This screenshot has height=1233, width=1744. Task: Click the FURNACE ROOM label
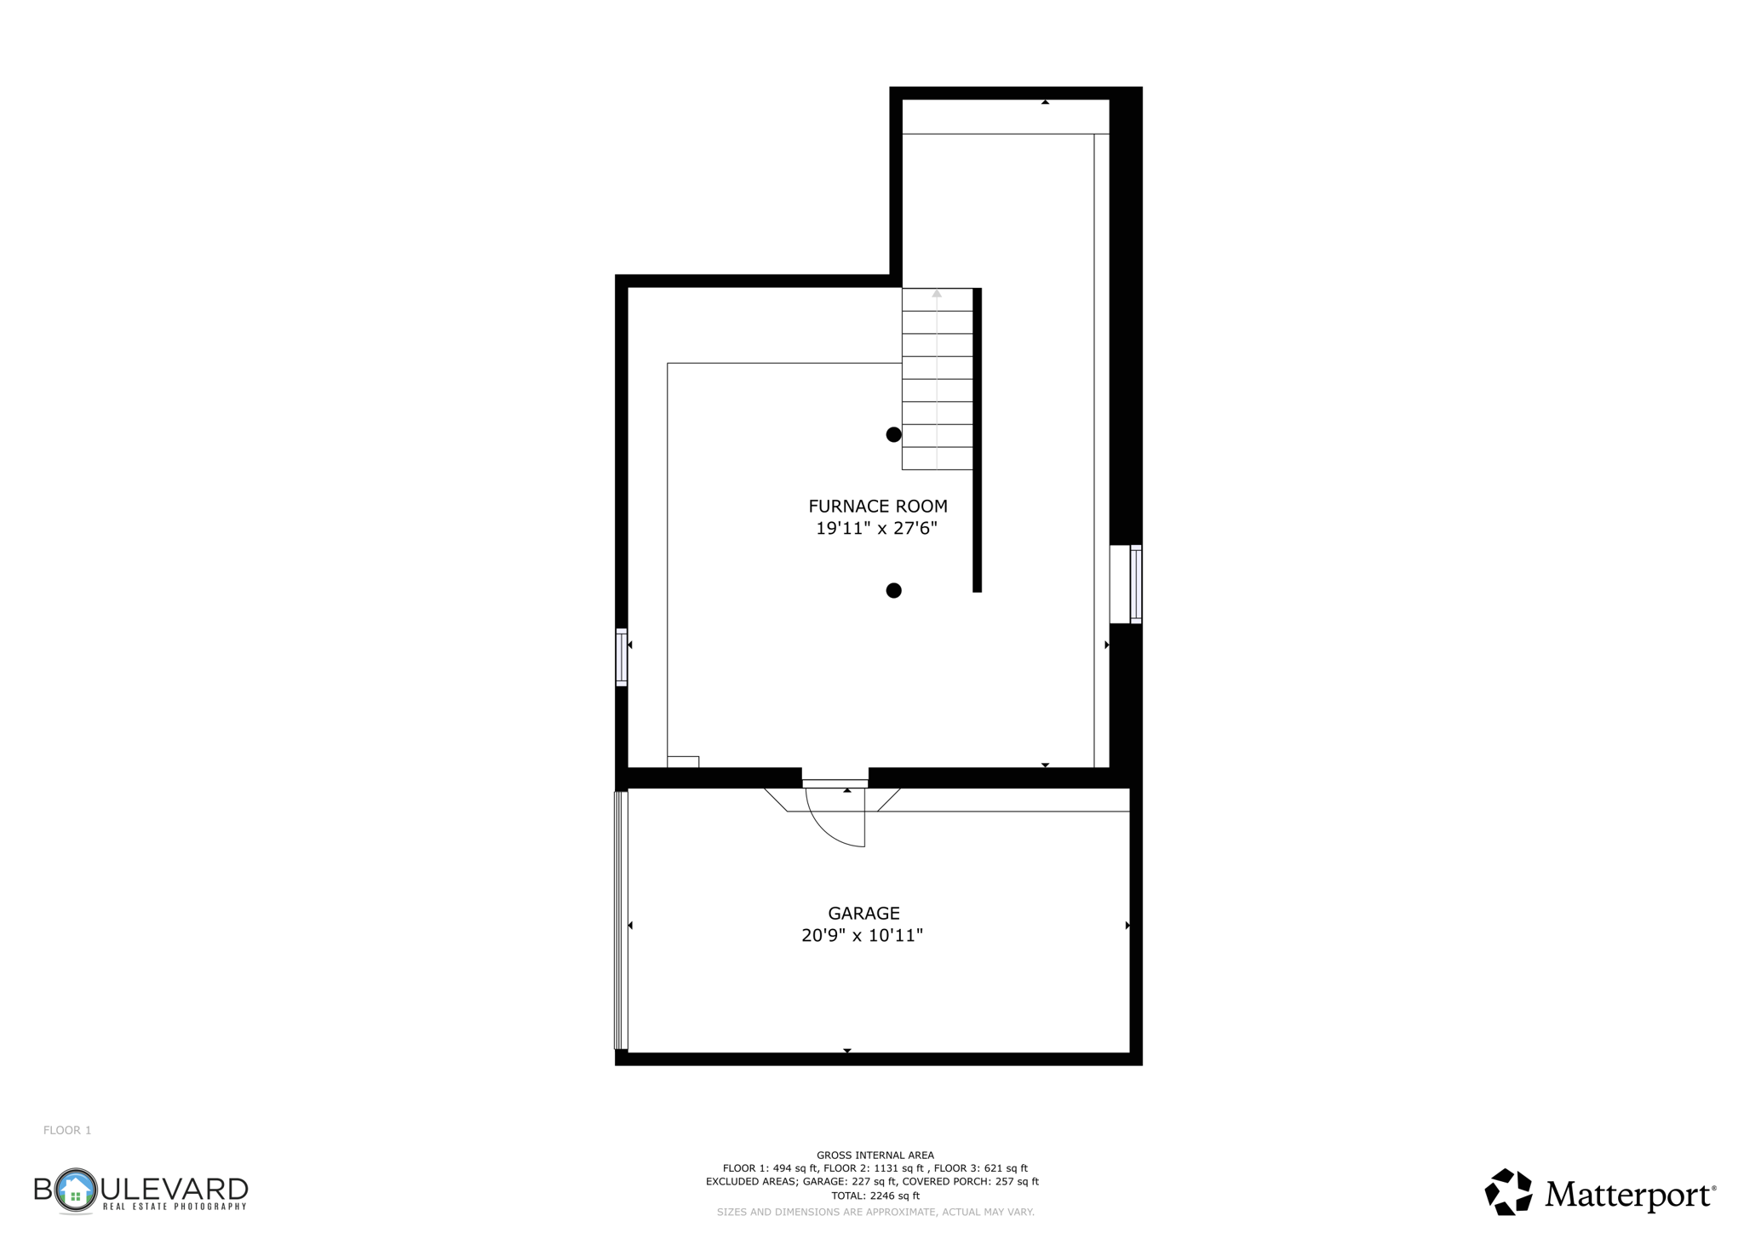pos(877,506)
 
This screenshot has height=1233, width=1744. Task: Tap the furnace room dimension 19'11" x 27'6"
pos(876,529)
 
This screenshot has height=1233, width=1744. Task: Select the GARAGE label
pos(863,913)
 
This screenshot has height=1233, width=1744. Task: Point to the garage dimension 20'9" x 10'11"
pos(862,936)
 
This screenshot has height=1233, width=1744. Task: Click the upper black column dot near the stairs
pos(893,434)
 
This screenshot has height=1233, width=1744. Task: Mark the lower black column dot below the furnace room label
pos(893,590)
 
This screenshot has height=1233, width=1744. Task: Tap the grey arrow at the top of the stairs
pos(937,295)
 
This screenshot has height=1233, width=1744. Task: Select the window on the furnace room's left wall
pos(622,657)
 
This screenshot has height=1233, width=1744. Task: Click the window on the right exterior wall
pos(1135,584)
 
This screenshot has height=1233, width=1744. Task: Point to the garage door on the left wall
pos(621,920)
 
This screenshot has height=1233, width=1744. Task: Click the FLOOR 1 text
pos(67,1130)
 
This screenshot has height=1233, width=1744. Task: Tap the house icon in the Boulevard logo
pos(76,1190)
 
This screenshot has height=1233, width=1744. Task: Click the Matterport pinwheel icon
pos(1508,1191)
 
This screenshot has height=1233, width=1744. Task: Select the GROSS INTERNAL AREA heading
pos(875,1156)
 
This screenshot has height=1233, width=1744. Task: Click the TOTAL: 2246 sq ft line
pos(875,1196)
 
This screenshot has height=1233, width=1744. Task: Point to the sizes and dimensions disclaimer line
pos(875,1212)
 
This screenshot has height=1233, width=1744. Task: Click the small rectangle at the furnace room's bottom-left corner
pos(683,762)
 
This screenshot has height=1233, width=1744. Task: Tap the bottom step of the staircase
pos(937,458)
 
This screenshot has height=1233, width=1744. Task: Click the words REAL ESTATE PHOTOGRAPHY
pos(174,1207)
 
